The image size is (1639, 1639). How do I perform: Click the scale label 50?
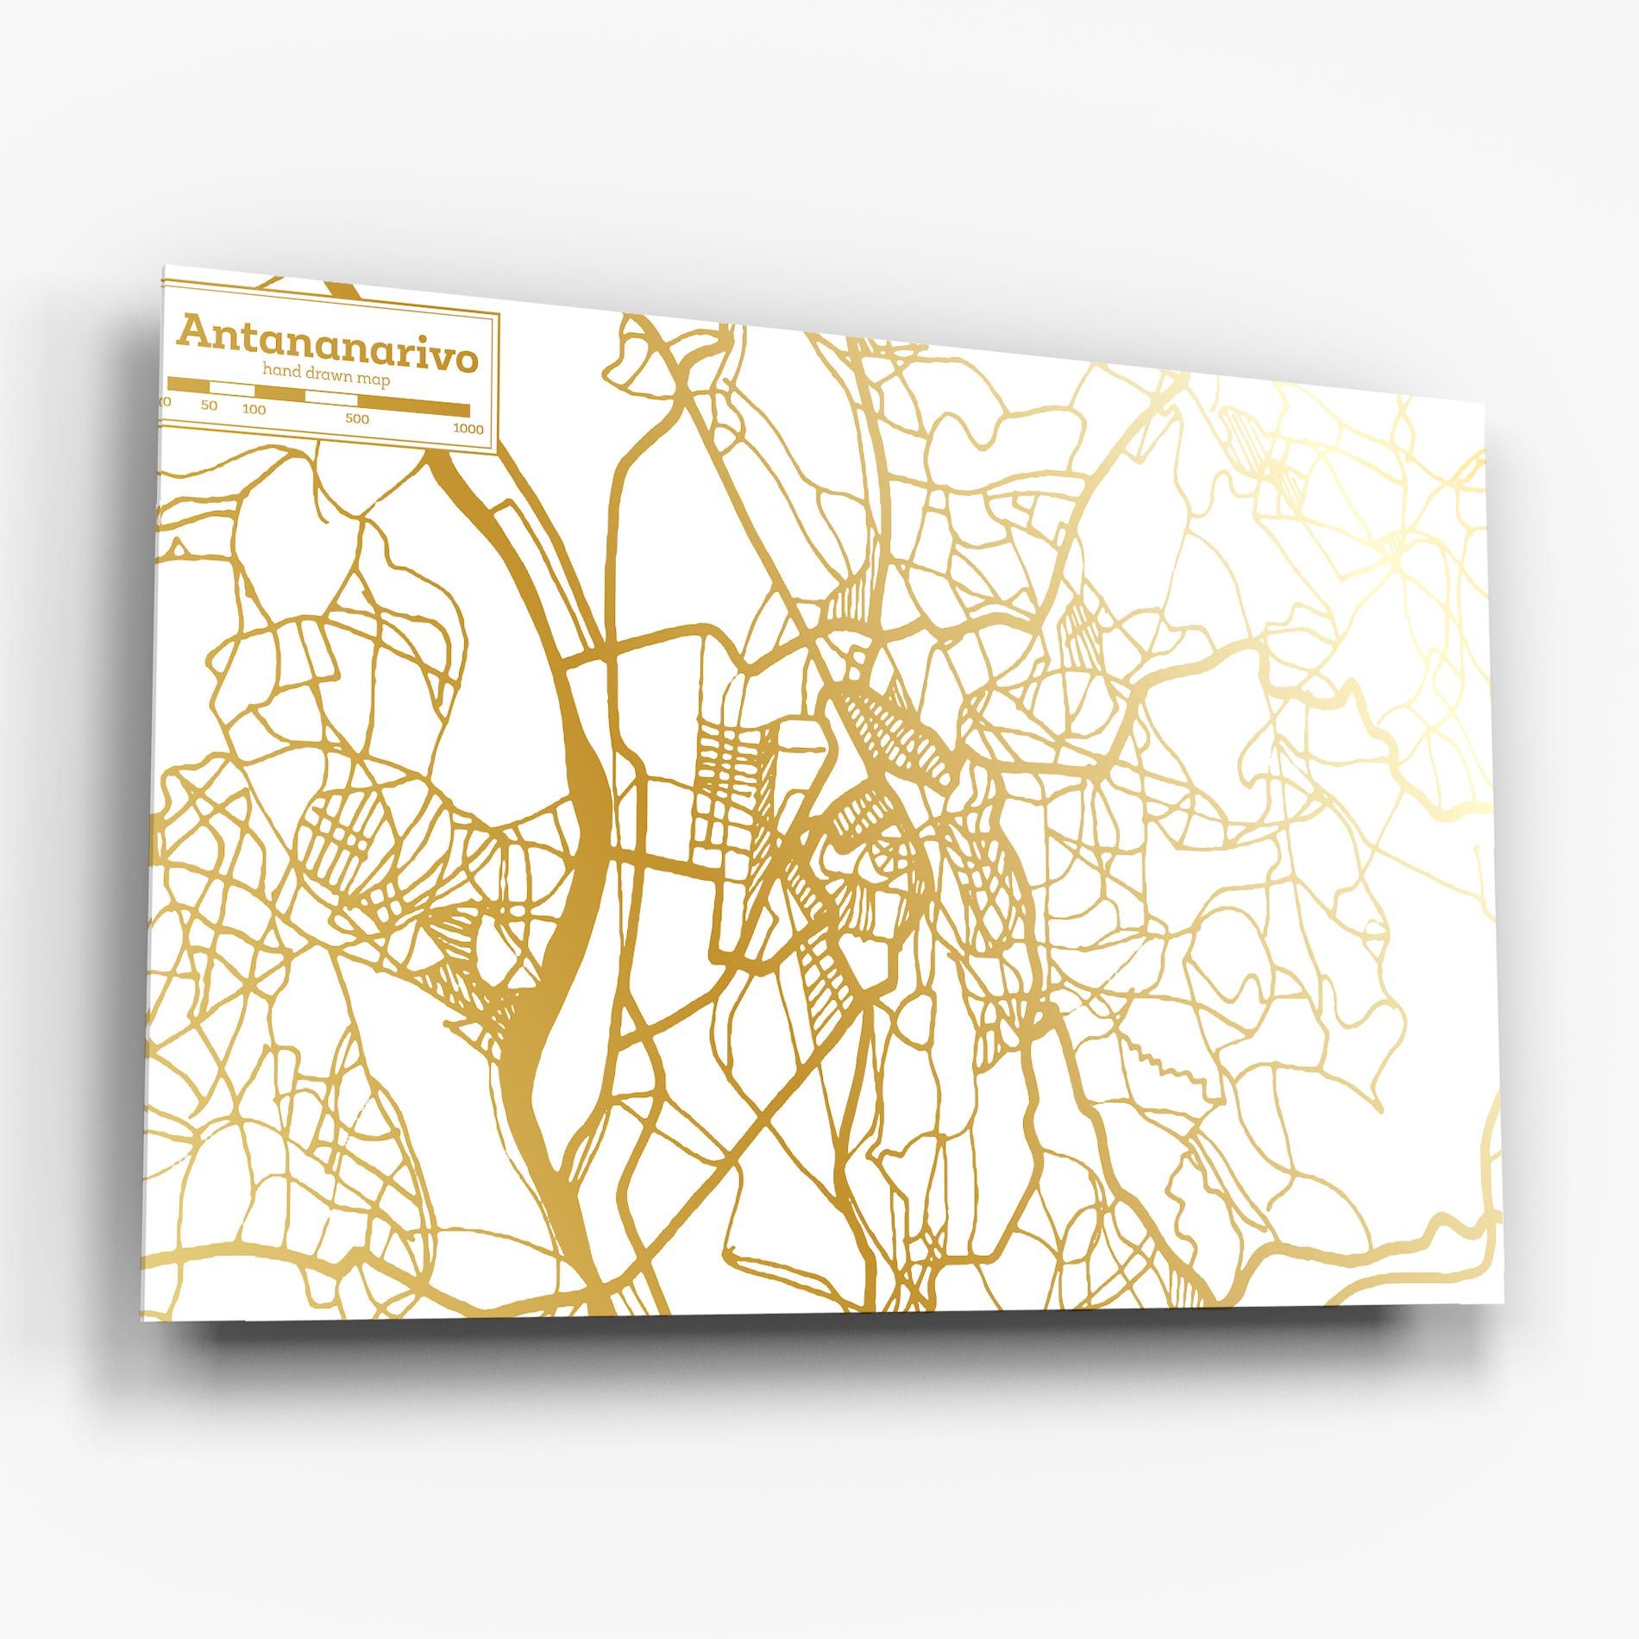[x=209, y=405]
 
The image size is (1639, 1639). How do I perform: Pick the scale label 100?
[x=254, y=409]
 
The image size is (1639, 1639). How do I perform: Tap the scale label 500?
[x=357, y=419]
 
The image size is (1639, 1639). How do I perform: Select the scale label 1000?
[x=468, y=429]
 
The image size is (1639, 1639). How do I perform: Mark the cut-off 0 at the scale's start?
[x=166, y=402]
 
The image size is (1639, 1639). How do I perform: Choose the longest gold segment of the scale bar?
[x=413, y=408]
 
